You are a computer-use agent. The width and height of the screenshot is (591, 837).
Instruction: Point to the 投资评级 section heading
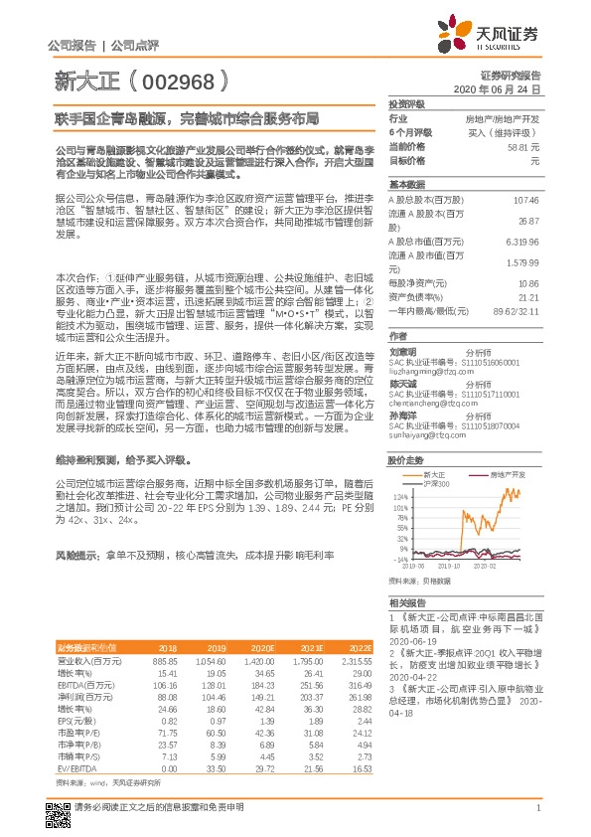[406, 103]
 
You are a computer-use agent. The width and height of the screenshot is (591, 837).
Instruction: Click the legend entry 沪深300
[437, 483]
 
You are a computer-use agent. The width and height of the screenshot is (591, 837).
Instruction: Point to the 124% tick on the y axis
[401, 494]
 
